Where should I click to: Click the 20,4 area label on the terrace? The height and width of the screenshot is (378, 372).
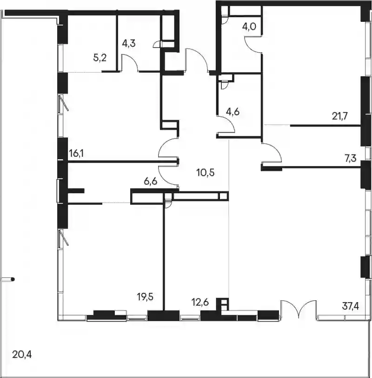22,355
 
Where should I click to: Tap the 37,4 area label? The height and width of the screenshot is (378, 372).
350,306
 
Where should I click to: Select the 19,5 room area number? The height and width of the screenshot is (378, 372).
145,297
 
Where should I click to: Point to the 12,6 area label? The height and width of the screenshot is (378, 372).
200,302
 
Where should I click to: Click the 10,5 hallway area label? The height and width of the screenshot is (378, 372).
206,173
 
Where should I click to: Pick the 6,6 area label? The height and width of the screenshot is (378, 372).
151,181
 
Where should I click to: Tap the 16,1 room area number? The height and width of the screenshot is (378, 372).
76,153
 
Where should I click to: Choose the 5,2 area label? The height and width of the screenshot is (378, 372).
100,58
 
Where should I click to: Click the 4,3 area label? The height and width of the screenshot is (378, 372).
129,44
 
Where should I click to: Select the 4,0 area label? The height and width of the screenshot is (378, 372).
249,27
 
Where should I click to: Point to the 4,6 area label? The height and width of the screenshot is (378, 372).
233,112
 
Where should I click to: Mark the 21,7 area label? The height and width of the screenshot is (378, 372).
340,116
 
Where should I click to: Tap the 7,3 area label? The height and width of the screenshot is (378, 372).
350,159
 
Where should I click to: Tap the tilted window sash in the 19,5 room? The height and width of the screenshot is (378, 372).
64,237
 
